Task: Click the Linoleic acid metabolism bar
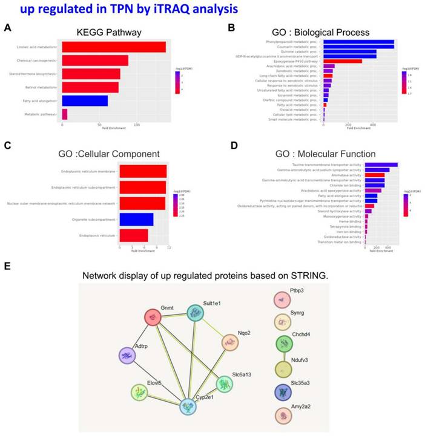coord(113,47)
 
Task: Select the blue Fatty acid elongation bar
coord(85,100)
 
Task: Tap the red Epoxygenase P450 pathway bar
coord(343,61)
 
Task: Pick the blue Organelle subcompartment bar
coord(136,219)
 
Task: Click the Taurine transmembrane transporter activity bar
coord(381,165)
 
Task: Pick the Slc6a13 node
coord(225,384)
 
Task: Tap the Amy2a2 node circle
coord(283,416)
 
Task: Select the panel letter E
coord(7,266)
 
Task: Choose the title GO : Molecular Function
coord(325,154)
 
